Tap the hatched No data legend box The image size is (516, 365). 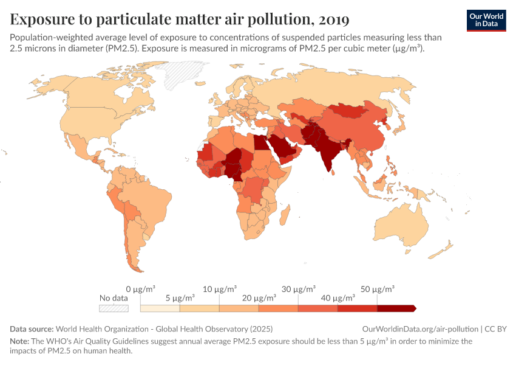[114, 308]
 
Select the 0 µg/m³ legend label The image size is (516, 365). [141, 288]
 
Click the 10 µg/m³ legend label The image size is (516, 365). [220, 288]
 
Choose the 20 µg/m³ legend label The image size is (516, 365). [259, 298]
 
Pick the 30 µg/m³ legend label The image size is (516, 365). [299, 288]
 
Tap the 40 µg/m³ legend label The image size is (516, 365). [338, 298]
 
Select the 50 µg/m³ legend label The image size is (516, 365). [378, 288]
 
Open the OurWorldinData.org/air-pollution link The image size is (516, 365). [419, 328]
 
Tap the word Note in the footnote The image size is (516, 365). [19, 341]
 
